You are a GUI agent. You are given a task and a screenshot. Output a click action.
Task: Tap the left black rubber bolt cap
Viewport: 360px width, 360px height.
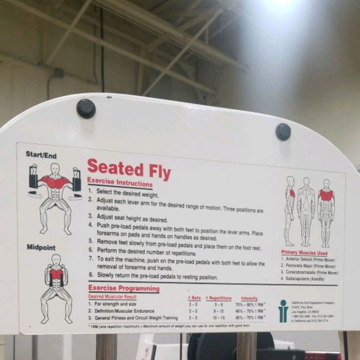pyautogui.click(x=85, y=108)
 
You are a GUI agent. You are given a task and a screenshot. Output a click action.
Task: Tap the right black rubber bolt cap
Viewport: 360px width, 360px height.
pyautogui.click(x=283, y=132)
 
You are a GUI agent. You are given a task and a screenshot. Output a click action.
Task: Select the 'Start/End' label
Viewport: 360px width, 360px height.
pyautogui.click(x=41, y=155)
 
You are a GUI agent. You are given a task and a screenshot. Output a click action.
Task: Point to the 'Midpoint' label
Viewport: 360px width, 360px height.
pyautogui.click(x=40, y=247)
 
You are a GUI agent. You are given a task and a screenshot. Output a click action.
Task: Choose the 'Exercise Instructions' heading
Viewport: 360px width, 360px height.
pyautogui.click(x=120, y=183)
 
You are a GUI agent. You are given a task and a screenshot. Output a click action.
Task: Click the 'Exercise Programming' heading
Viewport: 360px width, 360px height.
pyautogui.click(x=124, y=289)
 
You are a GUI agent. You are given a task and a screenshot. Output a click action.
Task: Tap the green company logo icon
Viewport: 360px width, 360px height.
pyautogui.click(x=283, y=310)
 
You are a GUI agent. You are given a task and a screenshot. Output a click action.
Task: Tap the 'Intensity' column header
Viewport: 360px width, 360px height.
pyautogui.click(x=249, y=298)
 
